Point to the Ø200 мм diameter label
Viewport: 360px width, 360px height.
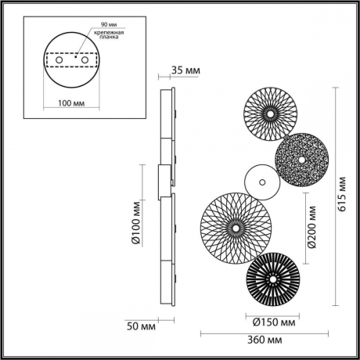tap(312, 226)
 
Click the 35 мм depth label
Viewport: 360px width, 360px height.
tap(185, 71)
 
